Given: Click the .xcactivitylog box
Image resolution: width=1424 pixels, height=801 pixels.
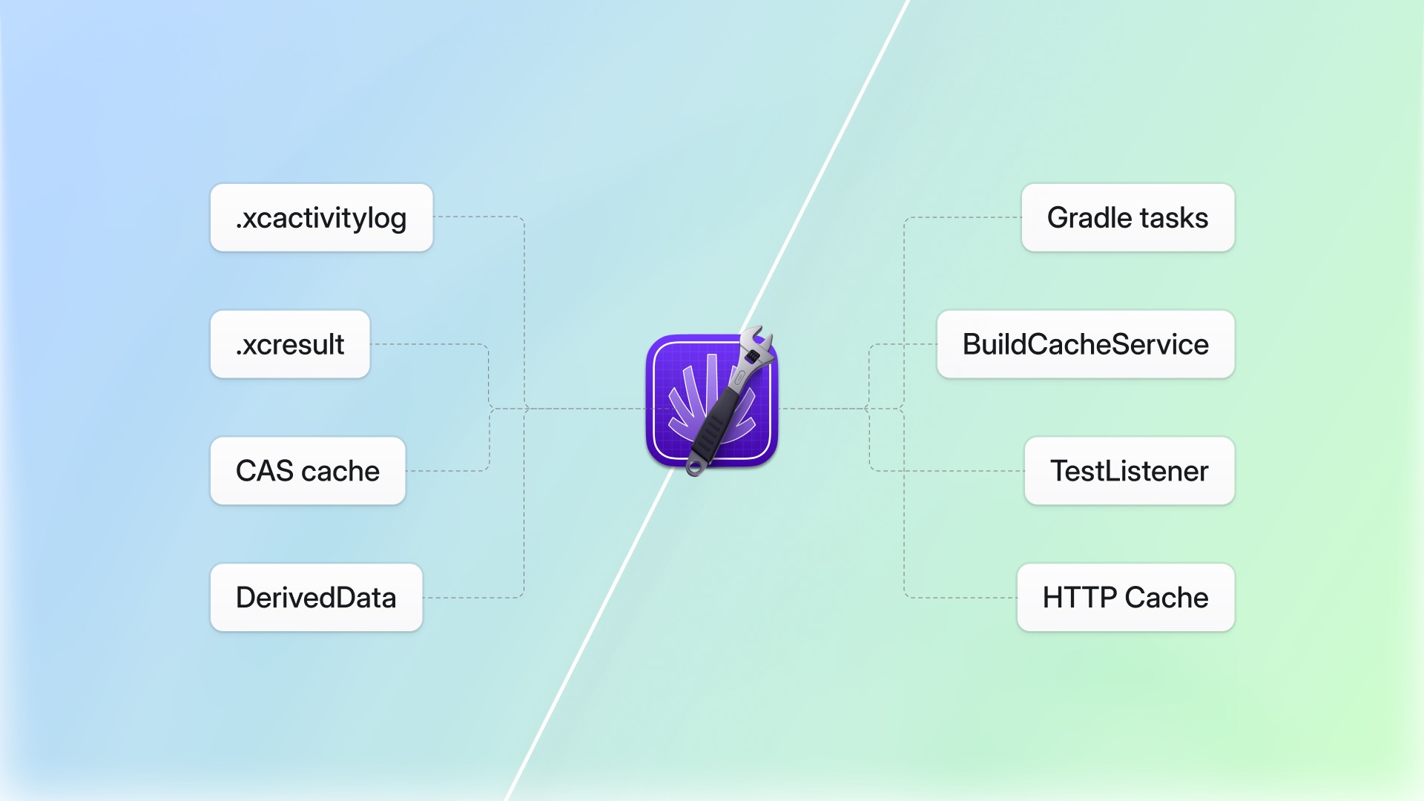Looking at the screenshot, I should click(321, 218).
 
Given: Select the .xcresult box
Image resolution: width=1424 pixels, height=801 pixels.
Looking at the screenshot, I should click(290, 345).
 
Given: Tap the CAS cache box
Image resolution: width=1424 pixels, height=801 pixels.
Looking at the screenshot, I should click(308, 472).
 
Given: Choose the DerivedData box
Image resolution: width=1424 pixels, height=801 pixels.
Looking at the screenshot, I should click(316, 598).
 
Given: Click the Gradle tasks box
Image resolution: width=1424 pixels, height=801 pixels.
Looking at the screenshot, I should click(1127, 218).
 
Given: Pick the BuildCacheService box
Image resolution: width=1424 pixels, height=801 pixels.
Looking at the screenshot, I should click(1085, 345).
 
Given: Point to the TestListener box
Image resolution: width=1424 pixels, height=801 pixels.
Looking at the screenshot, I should click(1129, 472).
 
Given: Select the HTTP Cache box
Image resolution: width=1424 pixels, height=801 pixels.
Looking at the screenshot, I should click(1125, 598).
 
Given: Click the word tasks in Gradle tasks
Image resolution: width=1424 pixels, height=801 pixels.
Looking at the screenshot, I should click(1174, 218).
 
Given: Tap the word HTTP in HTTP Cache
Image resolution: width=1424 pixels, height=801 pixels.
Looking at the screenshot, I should click(1079, 598).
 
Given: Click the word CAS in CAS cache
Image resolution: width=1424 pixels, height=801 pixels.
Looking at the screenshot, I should click(264, 472).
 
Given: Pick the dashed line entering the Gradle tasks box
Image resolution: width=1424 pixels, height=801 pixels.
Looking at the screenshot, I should click(964, 217).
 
